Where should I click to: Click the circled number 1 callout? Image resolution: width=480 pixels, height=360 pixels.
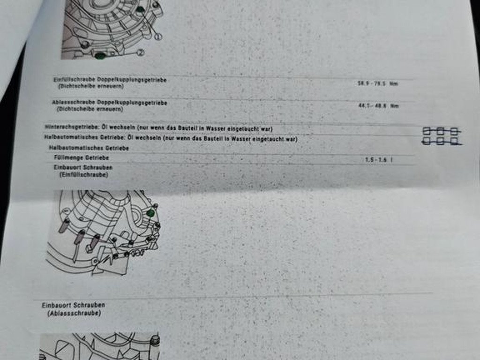pyautogui.click(x=157, y=37)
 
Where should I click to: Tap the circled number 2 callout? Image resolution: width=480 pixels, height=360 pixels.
pyautogui.click(x=140, y=52)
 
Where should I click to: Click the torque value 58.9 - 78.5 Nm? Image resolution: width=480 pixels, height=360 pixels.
pyautogui.click(x=378, y=83)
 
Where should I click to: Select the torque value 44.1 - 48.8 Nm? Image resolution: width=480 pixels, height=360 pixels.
pyautogui.click(x=379, y=106)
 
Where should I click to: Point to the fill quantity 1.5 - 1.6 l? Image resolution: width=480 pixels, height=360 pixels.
pyautogui.click(x=379, y=159)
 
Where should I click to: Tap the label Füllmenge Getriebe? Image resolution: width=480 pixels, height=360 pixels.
pyautogui.click(x=82, y=157)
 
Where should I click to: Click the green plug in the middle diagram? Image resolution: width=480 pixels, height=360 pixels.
pyautogui.click(x=150, y=213)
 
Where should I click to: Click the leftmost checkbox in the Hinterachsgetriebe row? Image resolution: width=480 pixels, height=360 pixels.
pyautogui.click(x=427, y=131)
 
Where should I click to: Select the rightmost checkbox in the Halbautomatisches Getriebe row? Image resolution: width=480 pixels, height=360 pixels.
pyautogui.click(x=454, y=141)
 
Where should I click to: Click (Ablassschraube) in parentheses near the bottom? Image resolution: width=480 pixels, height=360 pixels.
pyautogui.click(x=74, y=313)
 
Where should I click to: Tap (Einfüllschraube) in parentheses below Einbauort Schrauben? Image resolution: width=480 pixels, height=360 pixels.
pyautogui.click(x=83, y=175)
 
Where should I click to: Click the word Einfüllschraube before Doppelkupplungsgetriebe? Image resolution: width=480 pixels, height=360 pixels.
pyautogui.click(x=75, y=80)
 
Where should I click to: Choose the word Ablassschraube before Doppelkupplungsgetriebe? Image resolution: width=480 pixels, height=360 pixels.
pyautogui.click(x=74, y=102)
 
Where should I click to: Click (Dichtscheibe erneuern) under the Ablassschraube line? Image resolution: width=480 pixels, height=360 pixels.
pyautogui.click(x=90, y=109)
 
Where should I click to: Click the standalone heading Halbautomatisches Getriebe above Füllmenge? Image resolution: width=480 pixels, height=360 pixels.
pyautogui.click(x=89, y=148)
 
